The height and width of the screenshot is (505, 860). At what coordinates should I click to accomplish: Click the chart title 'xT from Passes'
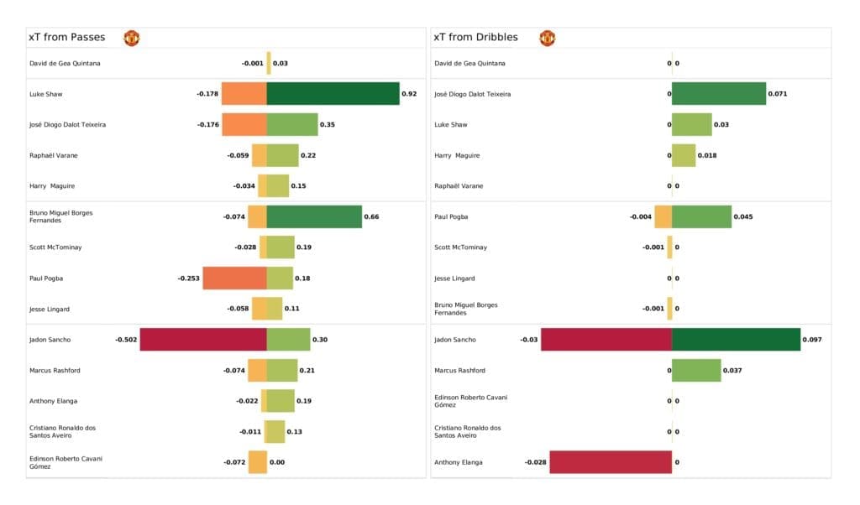(66, 38)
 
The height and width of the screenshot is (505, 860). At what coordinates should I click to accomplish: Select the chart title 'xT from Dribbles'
(475, 38)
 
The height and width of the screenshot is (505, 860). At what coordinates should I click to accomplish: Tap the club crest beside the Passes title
(131, 38)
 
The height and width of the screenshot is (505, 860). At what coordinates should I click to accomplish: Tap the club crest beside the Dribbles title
(548, 38)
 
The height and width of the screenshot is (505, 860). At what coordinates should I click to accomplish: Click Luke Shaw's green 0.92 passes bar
(333, 94)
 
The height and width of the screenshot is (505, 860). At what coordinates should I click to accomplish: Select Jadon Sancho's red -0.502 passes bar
(203, 340)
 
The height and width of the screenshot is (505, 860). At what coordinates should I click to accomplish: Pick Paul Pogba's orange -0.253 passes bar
(234, 279)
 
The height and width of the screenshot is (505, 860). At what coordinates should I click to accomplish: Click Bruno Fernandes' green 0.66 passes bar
(314, 216)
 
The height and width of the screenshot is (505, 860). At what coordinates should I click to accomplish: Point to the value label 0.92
(409, 94)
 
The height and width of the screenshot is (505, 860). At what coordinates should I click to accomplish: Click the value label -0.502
(126, 340)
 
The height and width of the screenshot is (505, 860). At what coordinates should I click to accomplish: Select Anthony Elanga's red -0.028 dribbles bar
(611, 462)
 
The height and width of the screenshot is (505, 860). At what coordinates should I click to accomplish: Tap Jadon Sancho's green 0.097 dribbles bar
(736, 340)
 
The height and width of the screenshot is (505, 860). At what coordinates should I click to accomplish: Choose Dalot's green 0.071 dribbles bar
(719, 94)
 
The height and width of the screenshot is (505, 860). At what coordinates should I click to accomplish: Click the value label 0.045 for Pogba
(742, 216)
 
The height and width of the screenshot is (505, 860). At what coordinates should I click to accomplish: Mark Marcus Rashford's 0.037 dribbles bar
(696, 370)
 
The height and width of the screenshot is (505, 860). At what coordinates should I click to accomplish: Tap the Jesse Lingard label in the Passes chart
(49, 309)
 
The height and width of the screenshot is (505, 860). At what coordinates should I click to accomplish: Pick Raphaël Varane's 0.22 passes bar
(282, 155)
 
